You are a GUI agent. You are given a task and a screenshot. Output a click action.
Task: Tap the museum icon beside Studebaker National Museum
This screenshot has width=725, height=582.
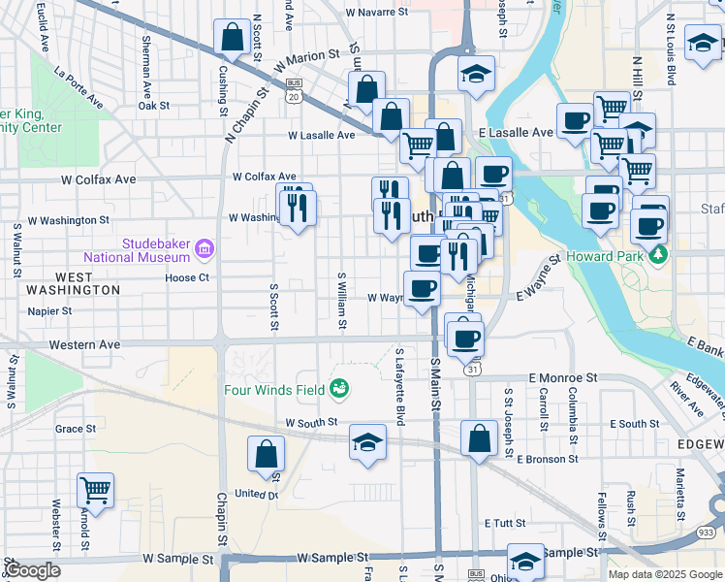[x=204, y=250]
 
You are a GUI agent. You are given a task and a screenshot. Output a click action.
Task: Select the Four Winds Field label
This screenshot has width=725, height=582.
[x=275, y=390]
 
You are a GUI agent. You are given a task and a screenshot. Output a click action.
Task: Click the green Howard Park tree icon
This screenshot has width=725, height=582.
[x=660, y=255]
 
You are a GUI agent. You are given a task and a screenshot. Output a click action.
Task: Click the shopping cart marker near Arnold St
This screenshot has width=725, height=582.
[x=95, y=490]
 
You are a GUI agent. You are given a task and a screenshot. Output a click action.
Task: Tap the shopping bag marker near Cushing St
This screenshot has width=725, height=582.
[x=233, y=39]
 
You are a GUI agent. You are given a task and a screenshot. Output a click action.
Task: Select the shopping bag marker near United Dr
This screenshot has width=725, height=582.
[x=266, y=454]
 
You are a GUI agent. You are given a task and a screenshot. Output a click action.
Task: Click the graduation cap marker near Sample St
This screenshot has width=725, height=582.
[x=525, y=562]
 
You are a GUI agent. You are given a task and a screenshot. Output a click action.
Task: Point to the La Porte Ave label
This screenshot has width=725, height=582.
[x=79, y=85]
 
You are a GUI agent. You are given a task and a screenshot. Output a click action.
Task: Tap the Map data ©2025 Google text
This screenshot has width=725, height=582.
[x=665, y=574]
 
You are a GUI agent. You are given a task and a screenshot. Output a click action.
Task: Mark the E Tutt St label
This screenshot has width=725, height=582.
[x=504, y=523]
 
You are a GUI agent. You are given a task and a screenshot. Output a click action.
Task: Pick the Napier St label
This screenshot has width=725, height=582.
[x=50, y=311]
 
